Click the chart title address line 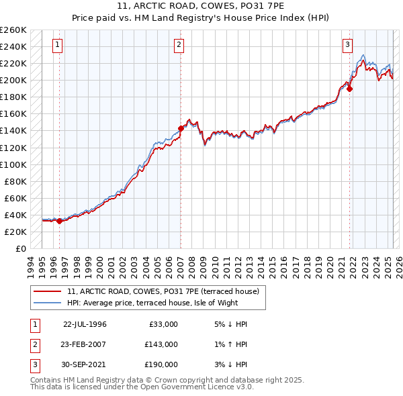[x=201, y=6]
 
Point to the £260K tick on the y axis [x=13, y=30]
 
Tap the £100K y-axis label [x=13, y=164]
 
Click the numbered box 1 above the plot [x=58, y=45]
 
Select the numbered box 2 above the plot [x=179, y=45]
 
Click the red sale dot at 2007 [x=181, y=128]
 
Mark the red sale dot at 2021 [x=350, y=89]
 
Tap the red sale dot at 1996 [x=59, y=220]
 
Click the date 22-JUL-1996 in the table [x=85, y=324]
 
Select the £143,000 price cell [x=161, y=344]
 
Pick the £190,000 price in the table [x=161, y=364]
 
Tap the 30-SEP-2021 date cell [x=85, y=364]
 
